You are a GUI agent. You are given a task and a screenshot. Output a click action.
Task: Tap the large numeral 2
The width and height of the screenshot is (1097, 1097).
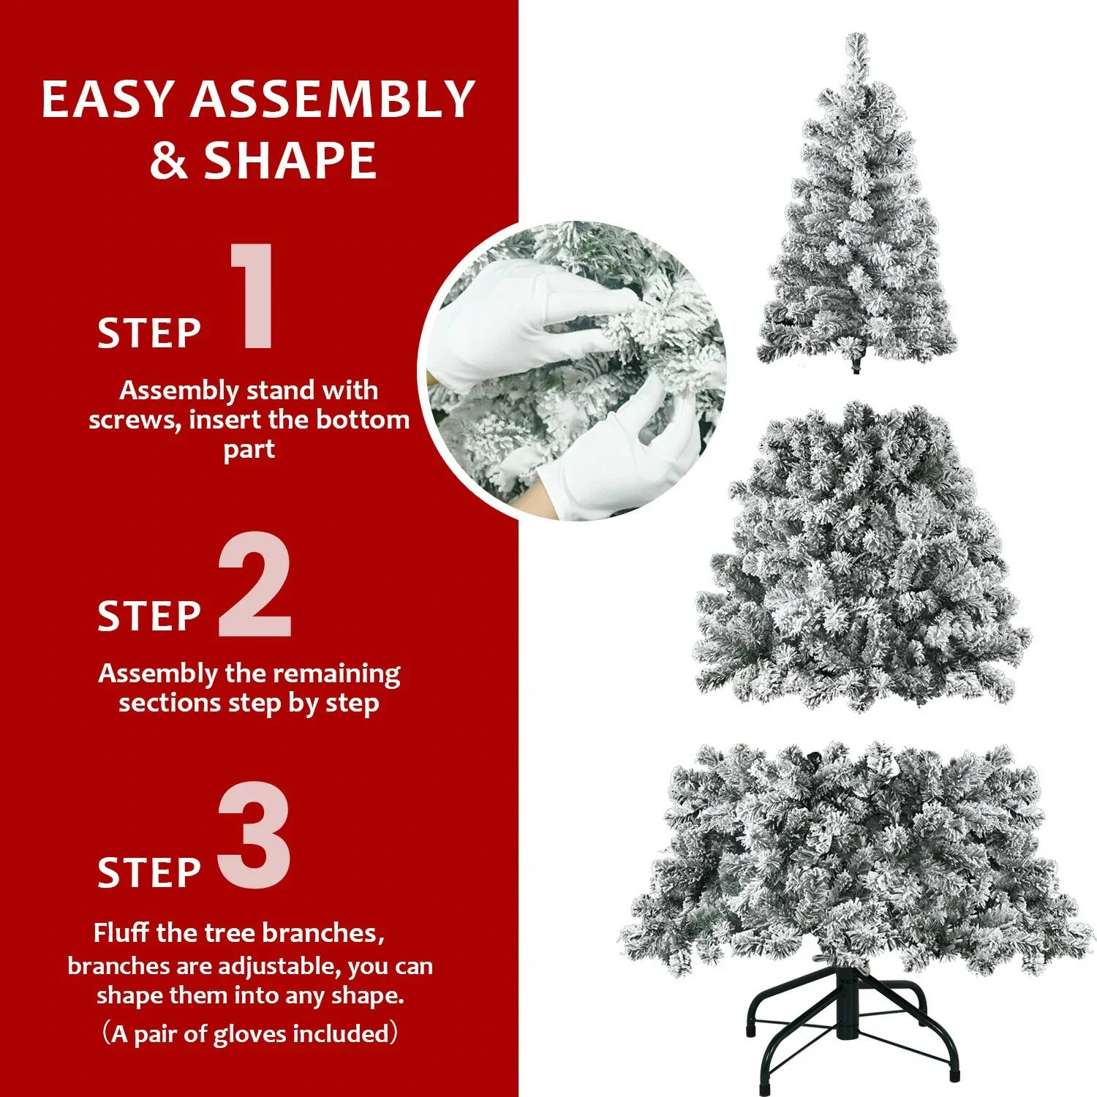pyautogui.click(x=255, y=585)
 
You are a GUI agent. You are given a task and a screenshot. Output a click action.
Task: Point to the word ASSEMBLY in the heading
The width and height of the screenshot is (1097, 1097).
pyautogui.click(x=333, y=99)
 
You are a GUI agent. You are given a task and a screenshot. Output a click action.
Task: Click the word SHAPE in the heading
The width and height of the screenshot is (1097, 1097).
pyautogui.click(x=290, y=161)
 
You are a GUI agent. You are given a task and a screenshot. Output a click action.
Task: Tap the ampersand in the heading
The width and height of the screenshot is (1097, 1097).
pyautogui.click(x=169, y=162)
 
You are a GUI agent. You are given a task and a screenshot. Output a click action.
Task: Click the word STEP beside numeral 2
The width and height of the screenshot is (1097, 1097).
pyautogui.click(x=149, y=617)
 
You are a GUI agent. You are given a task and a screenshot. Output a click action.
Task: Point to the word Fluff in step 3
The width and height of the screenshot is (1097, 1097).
pyautogui.click(x=121, y=933)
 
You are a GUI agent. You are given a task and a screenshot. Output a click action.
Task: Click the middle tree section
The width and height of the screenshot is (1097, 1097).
pyautogui.click(x=863, y=563)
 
